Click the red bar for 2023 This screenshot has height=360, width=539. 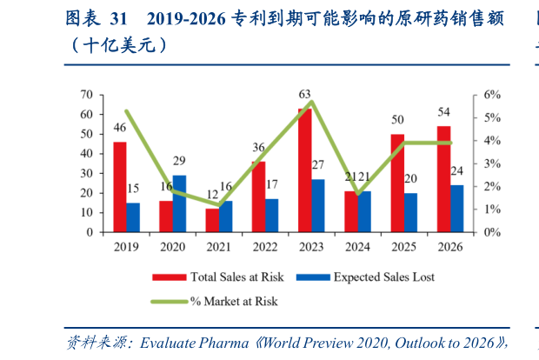[304, 170]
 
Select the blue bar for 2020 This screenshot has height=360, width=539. [179, 203]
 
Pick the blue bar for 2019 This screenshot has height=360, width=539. [133, 217]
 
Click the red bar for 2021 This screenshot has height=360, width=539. [212, 220]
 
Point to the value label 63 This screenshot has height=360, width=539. [304, 94]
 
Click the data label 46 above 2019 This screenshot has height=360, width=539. [119, 128]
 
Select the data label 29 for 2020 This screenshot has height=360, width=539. [179, 161]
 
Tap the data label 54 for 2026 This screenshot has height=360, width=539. [443, 112]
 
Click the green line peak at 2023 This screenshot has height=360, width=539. [311, 102]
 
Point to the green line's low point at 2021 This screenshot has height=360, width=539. [218, 206]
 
